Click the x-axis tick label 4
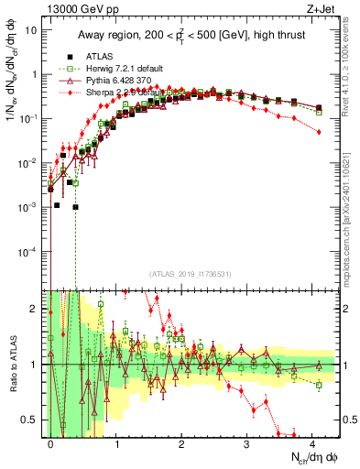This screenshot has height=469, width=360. (x=312, y=442)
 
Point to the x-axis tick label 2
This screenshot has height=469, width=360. (x=181, y=442)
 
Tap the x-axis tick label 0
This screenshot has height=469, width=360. (x=50, y=442)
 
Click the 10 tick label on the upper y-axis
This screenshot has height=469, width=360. (x=30, y=29)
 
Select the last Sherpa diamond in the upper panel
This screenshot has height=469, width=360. (x=318, y=132)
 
